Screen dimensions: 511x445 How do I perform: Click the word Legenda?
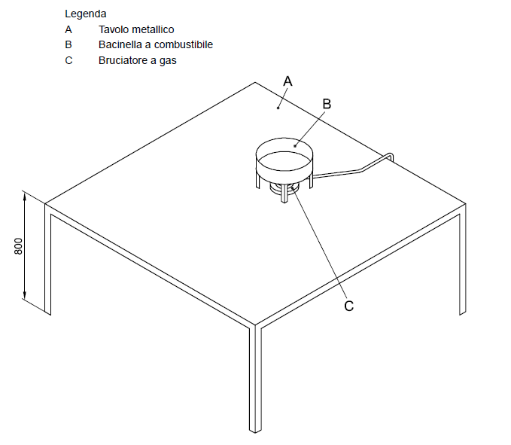click(85, 14)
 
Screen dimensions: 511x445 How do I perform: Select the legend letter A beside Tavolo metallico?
click(68, 29)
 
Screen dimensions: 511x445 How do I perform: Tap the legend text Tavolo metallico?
click(136, 29)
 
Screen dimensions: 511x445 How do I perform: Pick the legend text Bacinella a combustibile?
click(156, 44)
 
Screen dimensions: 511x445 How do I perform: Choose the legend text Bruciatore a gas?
click(137, 61)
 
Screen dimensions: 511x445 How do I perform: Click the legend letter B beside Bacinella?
click(68, 44)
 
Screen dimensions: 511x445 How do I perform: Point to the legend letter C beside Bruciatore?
click(68, 61)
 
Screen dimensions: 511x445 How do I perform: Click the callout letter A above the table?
click(287, 81)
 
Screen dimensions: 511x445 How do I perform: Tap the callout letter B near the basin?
click(327, 104)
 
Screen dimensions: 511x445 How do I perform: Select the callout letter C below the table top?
click(348, 306)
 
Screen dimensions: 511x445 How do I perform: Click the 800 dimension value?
click(19, 246)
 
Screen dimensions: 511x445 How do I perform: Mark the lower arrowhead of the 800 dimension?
click(24, 294)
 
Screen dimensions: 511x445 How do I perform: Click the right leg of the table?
click(462, 264)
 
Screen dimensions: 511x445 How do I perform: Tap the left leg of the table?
click(47, 259)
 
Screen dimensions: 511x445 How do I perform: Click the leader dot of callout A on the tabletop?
click(278, 108)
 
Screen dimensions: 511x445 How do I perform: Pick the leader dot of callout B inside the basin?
click(295, 146)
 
